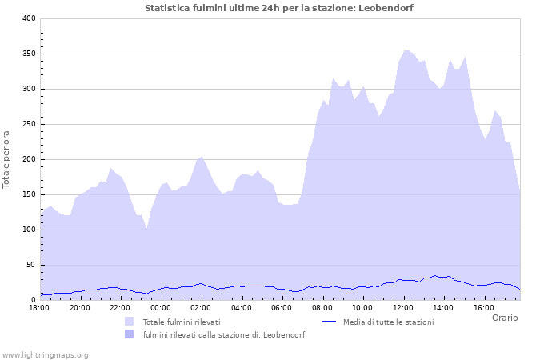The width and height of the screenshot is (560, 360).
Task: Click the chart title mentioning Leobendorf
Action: pyautogui.click(x=279, y=7)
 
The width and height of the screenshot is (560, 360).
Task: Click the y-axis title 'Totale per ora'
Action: pyautogui.click(x=7, y=159)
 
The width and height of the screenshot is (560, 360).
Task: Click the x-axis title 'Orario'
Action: pyautogui.click(x=505, y=318)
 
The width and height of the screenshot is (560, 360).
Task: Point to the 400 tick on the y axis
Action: pyautogui.click(x=28, y=18)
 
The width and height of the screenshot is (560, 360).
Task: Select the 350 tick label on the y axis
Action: pyautogui.click(x=28, y=54)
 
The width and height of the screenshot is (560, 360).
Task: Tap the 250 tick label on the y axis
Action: pyautogui.click(x=28, y=124)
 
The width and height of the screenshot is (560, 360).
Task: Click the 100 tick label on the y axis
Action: pyautogui.click(x=28, y=230)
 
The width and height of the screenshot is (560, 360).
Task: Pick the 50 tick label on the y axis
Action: pyautogui.click(x=30, y=265)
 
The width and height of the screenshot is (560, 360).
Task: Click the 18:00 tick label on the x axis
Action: pyautogui.click(x=40, y=307)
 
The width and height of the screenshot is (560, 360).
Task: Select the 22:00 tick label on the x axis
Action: pyautogui.click(x=120, y=307)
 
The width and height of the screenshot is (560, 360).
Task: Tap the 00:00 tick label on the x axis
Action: pyautogui.click(x=161, y=307)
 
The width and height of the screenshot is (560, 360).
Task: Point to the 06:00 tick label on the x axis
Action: pyautogui.click(x=282, y=307)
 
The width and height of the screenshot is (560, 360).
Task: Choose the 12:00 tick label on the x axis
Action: pyautogui.click(x=402, y=307)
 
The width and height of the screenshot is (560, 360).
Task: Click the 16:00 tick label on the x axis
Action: pyautogui.click(x=483, y=307)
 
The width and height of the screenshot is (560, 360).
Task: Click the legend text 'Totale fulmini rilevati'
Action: pyautogui.click(x=182, y=322)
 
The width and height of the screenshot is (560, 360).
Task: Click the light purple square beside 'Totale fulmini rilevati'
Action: pyautogui.click(x=129, y=322)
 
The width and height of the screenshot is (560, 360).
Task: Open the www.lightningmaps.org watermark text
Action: pyautogui.click(x=45, y=354)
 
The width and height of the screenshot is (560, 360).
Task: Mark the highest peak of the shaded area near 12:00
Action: pyautogui.click(x=406, y=50)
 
